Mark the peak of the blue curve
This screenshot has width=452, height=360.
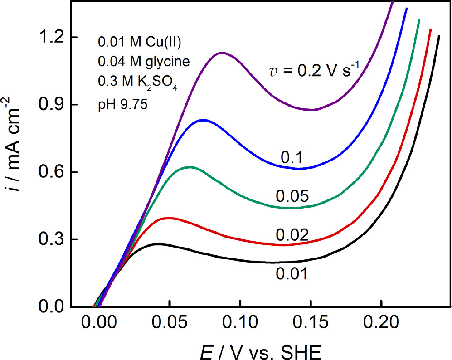tap(203, 120)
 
